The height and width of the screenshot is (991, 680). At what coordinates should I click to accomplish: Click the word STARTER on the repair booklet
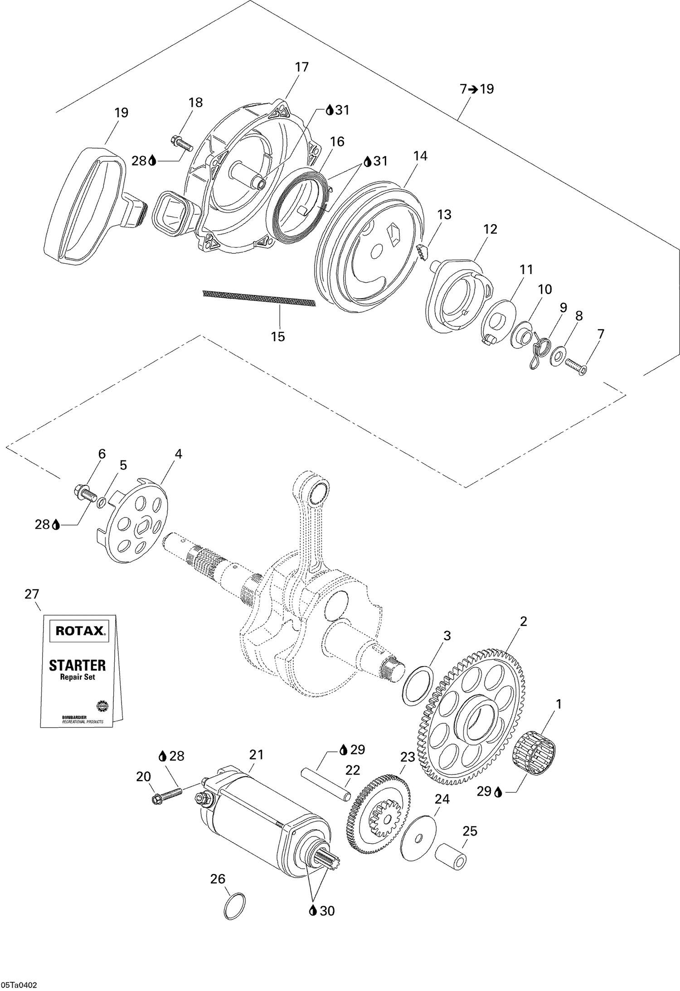coord(77,665)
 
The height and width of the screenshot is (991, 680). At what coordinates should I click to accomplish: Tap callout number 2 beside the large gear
coord(523,622)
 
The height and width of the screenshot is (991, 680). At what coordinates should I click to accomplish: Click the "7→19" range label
coord(477,89)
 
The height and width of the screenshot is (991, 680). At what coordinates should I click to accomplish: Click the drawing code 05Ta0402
coord(19,982)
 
